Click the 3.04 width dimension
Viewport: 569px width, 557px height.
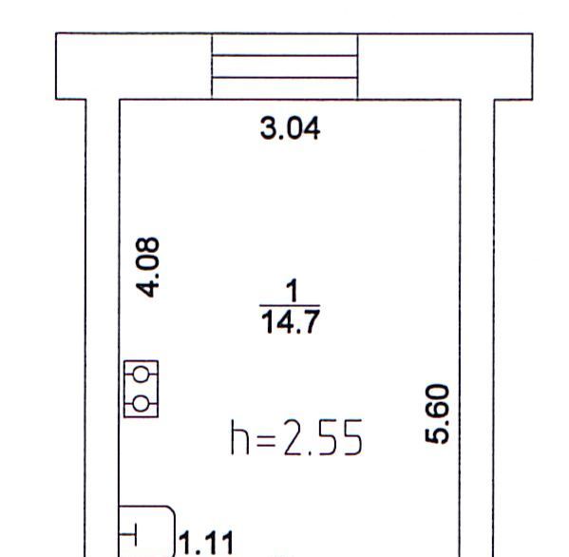click(291, 127)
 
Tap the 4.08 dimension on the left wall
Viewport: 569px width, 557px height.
click(147, 267)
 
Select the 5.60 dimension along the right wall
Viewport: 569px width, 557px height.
click(437, 413)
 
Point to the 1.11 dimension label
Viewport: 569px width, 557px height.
click(206, 543)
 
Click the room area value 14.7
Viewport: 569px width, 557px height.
click(291, 321)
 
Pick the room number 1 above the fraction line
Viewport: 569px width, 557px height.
click(293, 291)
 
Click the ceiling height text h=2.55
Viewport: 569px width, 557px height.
click(296, 437)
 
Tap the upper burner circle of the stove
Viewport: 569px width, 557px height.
click(141, 374)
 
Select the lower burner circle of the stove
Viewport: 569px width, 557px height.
click(141, 403)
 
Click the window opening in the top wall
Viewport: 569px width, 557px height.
click(285, 67)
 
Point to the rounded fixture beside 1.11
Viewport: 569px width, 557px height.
click(175, 530)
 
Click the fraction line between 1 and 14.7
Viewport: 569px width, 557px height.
click(290, 306)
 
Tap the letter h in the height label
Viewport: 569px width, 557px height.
click(239, 437)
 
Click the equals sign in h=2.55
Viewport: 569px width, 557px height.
click(266, 440)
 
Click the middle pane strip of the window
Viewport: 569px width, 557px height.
click(285, 67)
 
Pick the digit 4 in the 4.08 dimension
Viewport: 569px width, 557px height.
click(147, 289)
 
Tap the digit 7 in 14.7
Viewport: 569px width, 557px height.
click(312, 321)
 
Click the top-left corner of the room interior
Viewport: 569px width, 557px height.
click(120, 100)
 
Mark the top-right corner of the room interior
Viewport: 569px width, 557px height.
click(461, 100)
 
